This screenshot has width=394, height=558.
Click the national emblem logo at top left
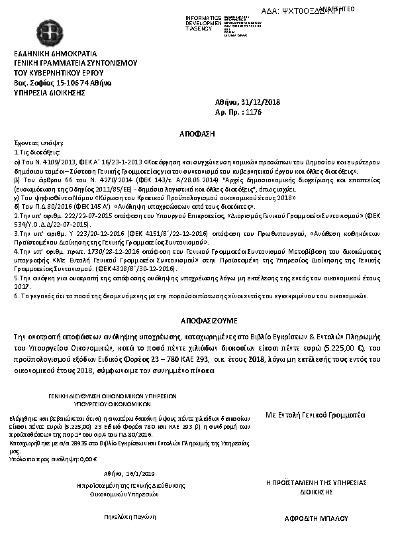coord(28,29)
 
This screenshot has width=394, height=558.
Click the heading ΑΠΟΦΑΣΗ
coord(197,134)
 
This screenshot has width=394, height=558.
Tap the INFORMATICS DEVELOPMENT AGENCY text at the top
coord(204,23)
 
